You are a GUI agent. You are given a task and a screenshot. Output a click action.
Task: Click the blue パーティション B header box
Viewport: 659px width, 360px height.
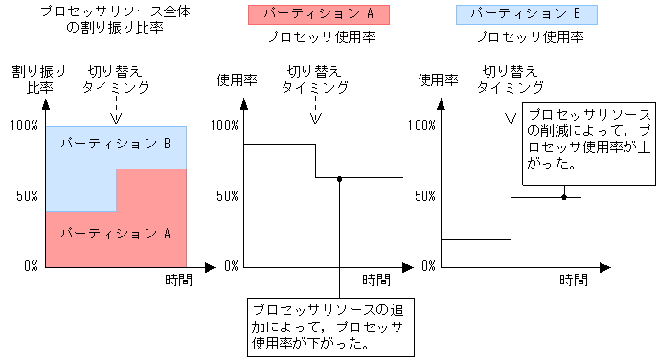526,14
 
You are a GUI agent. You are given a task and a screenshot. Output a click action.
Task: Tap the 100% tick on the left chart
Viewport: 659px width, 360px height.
21,125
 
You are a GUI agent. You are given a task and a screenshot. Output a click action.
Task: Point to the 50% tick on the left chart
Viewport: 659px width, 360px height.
24,195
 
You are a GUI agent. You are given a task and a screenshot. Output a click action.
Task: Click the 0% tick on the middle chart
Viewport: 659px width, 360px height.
229,265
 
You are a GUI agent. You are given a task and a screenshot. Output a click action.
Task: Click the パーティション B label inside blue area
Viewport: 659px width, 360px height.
115,144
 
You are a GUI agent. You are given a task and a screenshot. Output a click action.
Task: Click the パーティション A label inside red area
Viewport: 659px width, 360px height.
115,233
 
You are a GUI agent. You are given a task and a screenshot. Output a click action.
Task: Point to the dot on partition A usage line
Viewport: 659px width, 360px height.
339,179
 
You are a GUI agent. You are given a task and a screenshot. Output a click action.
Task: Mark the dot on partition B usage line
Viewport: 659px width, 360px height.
564,197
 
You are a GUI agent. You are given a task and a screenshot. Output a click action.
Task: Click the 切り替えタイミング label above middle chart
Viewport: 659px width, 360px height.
314,79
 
